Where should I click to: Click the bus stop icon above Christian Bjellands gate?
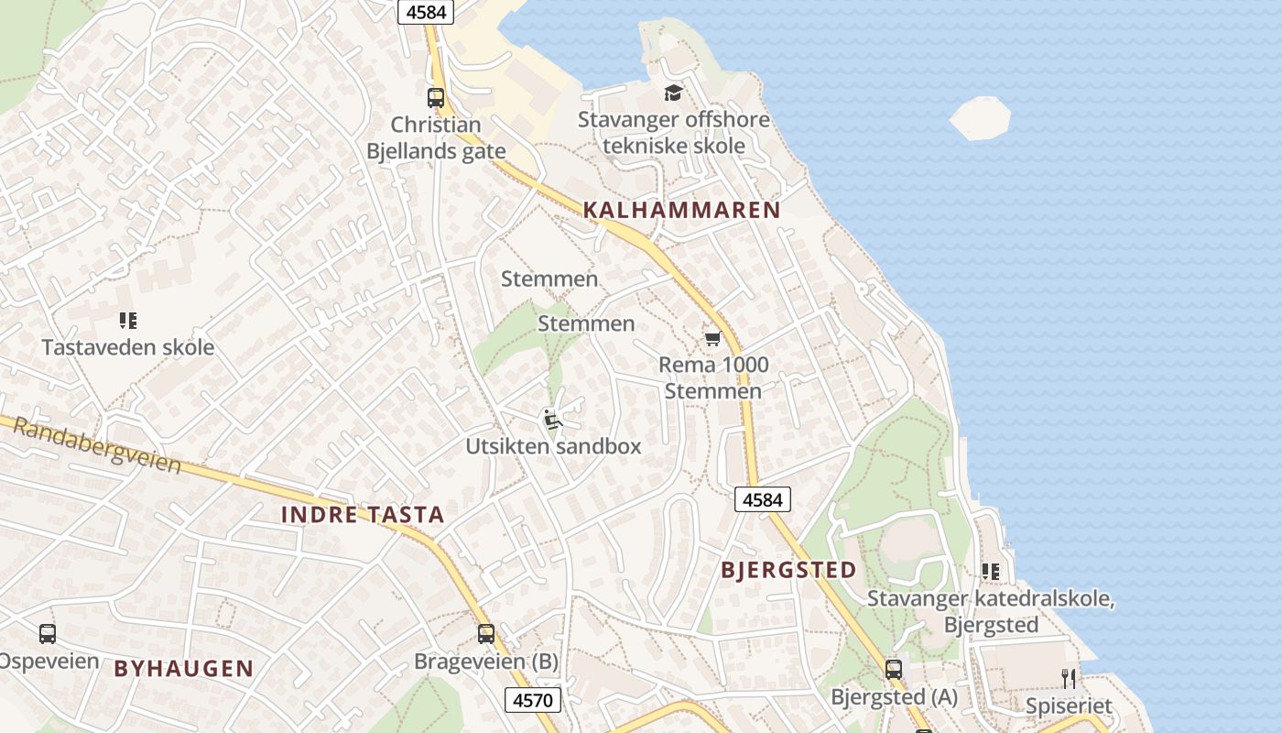pos(436,97)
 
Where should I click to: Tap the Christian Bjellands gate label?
pos(436,137)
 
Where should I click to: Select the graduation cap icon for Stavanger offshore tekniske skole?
pos(673,93)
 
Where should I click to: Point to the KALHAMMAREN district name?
pos(681,210)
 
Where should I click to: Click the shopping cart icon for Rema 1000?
pos(712,339)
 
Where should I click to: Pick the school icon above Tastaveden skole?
pos(128,321)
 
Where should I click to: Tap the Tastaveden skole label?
pos(128,347)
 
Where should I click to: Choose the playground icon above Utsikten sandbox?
pos(551,419)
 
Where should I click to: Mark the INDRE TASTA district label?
pos(363,515)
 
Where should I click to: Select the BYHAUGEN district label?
pos(183,669)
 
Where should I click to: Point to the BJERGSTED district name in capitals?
pos(788,570)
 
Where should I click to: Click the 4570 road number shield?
pos(532,701)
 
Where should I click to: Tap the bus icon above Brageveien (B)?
pos(486,633)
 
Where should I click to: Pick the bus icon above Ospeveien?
pos(48,633)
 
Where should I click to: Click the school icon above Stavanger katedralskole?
pos(990,572)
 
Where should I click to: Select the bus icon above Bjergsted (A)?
pos(894,670)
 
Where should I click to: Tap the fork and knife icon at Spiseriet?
pos(1068,678)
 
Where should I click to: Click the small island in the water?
pos(980,118)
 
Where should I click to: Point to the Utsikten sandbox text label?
pos(553,446)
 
